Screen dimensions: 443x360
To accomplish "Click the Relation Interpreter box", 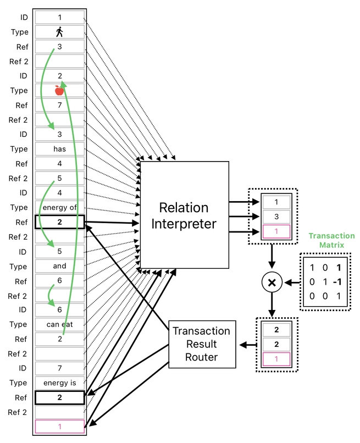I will click(184, 215).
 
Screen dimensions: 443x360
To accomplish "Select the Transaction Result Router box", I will click(201, 344).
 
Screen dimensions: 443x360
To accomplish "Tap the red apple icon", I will click(59, 91).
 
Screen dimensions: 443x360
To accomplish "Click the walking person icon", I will click(59, 32).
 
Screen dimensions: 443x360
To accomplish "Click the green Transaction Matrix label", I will click(331, 240).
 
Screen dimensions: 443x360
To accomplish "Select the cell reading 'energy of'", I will click(59, 208).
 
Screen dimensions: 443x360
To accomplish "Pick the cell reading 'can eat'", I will click(59, 325).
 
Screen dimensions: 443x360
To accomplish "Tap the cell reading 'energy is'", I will click(59, 383).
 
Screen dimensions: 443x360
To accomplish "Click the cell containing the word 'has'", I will click(59, 149).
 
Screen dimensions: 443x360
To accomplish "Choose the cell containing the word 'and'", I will click(59, 266).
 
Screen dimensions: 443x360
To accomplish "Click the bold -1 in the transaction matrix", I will click(338, 282).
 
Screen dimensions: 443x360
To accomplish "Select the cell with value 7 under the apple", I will click(59, 105).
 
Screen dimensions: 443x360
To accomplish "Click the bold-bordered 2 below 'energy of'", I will click(59, 222).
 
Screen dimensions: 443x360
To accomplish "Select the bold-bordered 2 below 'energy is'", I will click(59, 397).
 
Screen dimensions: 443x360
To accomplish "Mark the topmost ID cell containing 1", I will click(59, 18).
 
